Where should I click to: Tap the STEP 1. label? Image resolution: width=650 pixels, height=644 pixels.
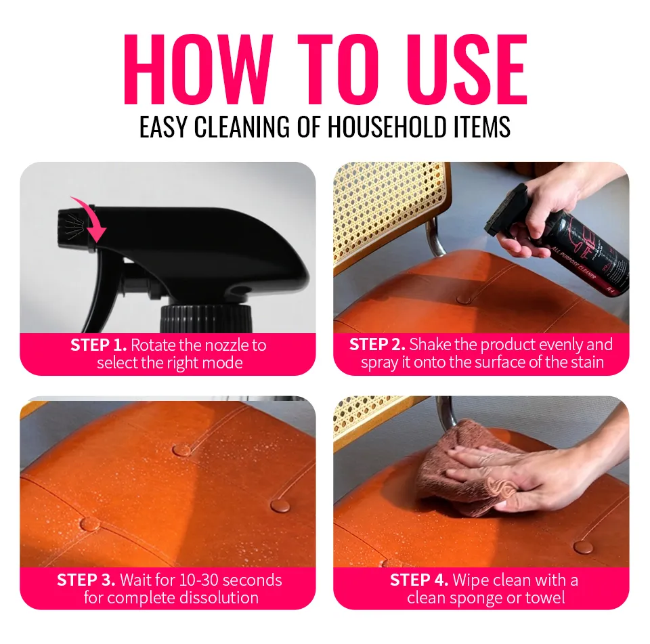coord(98,345)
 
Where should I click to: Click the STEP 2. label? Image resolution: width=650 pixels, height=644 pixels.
coord(377,345)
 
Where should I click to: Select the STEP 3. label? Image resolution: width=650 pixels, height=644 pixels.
coord(86,580)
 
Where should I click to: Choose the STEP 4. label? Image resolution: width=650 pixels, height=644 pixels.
coord(418,580)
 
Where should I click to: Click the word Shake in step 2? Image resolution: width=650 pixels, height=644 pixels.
coord(430,345)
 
